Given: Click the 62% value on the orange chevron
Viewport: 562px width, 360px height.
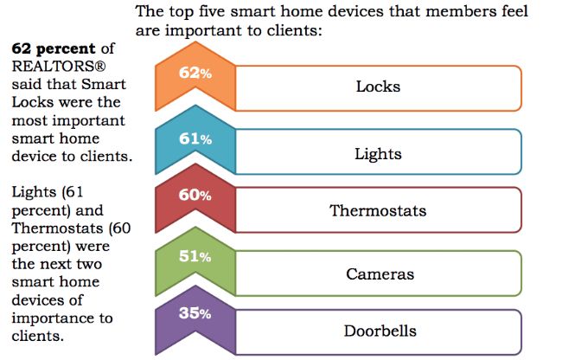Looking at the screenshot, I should point(195,73).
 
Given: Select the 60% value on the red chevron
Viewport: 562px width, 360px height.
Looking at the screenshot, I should point(195,195).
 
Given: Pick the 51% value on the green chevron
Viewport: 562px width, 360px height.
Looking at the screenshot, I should point(195,256).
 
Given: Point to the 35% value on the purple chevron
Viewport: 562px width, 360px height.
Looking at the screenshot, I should point(195,313).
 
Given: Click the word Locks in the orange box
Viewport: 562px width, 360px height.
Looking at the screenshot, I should point(378,87).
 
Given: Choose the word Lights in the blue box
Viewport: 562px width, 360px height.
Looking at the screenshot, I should point(378,154).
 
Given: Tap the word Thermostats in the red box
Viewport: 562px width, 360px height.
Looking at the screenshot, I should point(378,210).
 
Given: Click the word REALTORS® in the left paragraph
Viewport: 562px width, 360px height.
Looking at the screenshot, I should point(47,66).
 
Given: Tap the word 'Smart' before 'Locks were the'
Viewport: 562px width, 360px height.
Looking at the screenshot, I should point(106,84).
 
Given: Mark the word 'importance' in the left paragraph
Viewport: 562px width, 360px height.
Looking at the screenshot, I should point(48,318).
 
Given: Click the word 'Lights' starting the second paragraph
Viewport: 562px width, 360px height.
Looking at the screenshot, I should point(31,191).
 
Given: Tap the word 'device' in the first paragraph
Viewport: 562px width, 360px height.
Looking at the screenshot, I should point(33,157).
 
